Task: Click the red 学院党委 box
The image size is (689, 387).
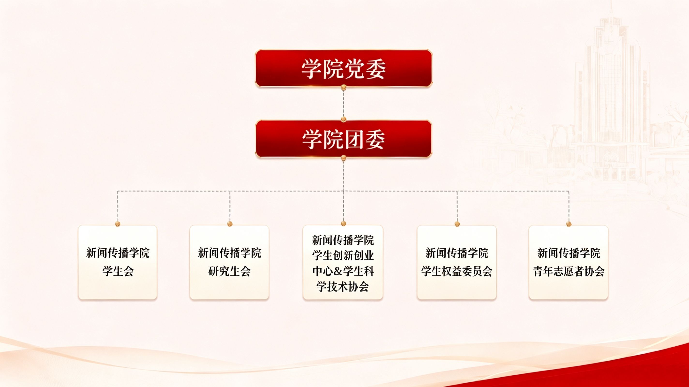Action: (x=344, y=68)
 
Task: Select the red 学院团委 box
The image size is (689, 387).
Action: (x=344, y=139)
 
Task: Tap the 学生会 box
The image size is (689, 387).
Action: (x=118, y=262)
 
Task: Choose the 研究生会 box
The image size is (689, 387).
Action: (x=229, y=262)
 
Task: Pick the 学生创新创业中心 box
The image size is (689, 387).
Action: (x=343, y=262)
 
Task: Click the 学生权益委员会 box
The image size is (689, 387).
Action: (x=457, y=262)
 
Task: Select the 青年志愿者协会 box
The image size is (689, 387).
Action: (x=569, y=262)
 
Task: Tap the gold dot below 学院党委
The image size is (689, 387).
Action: (x=344, y=87)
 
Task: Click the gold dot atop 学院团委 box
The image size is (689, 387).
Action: (x=344, y=119)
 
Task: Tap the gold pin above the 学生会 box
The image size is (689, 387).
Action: (x=118, y=223)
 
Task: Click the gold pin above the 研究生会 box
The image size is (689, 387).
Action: (x=230, y=223)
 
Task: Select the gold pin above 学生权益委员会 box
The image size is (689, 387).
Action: (x=457, y=223)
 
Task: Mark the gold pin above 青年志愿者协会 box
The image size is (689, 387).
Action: (x=569, y=223)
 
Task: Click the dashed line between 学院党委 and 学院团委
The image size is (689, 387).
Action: (x=344, y=103)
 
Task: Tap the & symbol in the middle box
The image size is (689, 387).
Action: (x=338, y=271)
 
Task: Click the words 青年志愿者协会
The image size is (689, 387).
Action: (x=569, y=271)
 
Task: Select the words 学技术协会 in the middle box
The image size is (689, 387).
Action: (x=343, y=287)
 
